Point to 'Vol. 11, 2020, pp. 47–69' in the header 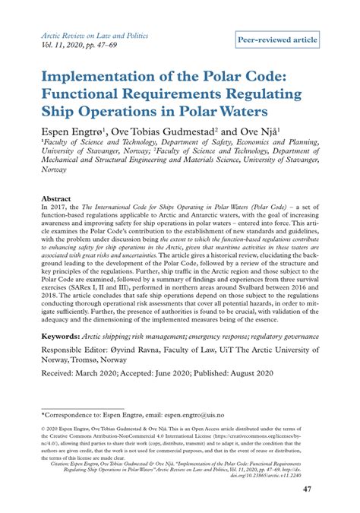(86, 46)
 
